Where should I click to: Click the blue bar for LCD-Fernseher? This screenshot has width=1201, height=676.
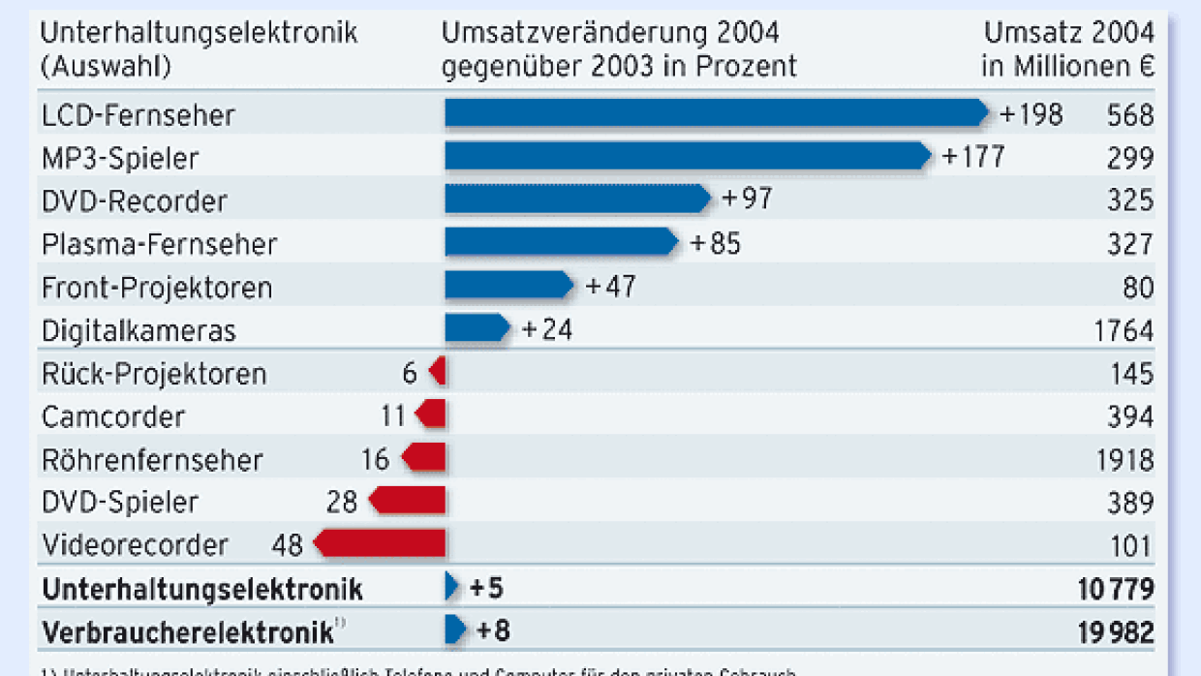point(715,114)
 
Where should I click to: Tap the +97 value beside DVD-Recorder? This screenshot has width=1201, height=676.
point(747,200)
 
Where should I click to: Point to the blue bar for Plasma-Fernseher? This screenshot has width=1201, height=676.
point(561,242)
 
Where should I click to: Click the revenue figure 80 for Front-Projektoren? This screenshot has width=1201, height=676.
point(1139,288)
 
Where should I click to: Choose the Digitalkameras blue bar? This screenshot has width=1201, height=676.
point(476,328)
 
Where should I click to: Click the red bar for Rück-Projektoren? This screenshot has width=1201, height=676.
point(438,372)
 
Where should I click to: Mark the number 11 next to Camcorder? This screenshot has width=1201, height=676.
point(393,416)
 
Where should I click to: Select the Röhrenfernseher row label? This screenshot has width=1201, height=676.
point(152,459)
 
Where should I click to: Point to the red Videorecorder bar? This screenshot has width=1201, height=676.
point(381,543)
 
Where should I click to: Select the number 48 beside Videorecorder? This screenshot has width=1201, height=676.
point(288,544)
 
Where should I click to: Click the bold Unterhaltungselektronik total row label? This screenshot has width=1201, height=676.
point(202,589)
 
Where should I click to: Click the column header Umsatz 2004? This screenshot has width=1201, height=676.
point(1069,33)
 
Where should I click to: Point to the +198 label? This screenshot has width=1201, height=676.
point(1031,115)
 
